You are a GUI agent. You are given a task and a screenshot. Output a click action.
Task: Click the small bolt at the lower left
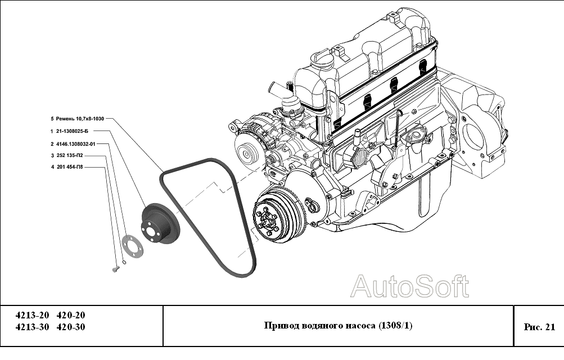[116, 270]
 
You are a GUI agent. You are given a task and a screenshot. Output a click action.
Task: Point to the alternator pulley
[246, 151]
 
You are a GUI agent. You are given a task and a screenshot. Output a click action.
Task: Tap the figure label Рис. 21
[539, 326]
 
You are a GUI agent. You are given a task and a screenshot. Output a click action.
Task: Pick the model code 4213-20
[32, 315]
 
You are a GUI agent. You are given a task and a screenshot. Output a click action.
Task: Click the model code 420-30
[71, 327]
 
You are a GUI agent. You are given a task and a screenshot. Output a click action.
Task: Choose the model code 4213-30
[32, 327]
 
